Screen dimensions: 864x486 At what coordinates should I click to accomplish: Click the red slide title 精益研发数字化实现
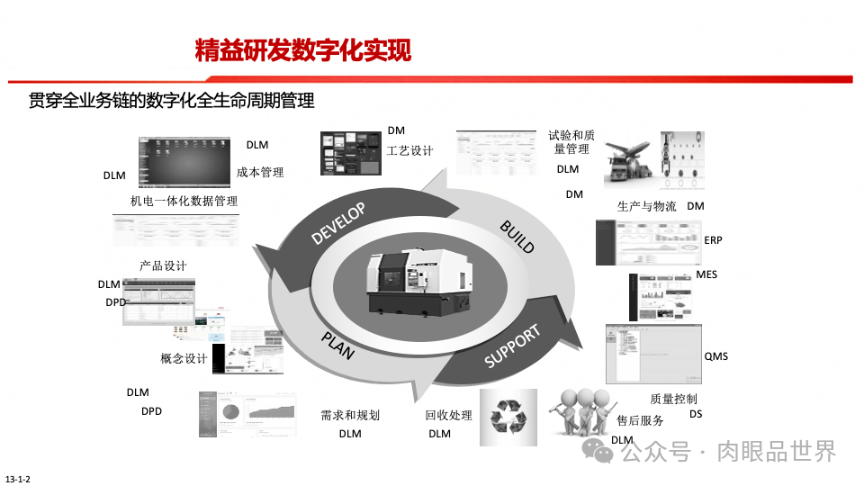(x=303, y=50)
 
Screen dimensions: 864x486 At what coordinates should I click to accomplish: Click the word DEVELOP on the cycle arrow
(x=338, y=224)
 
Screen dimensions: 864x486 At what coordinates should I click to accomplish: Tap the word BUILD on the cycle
(x=517, y=236)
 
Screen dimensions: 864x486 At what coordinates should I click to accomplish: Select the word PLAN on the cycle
(x=337, y=344)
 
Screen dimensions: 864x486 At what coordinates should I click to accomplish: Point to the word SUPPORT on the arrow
(x=513, y=346)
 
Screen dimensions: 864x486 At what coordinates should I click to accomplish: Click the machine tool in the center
(x=421, y=280)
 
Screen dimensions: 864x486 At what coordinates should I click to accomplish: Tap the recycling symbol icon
(x=508, y=416)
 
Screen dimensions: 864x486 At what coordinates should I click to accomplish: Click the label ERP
(x=714, y=240)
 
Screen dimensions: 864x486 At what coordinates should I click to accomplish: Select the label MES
(x=706, y=274)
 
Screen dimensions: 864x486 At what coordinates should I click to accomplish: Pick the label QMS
(x=716, y=356)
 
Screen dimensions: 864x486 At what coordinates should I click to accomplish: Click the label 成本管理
(x=260, y=172)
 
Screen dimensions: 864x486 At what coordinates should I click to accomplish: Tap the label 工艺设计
(x=410, y=150)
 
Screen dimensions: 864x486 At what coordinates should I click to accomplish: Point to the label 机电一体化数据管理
(x=184, y=201)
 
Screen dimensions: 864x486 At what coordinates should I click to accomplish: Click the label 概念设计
(x=184, y=358)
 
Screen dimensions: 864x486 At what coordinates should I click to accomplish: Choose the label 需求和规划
(x=350, y=415)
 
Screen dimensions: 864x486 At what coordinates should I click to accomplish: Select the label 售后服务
(x=640, y=420)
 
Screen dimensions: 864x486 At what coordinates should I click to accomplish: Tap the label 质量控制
(x=673, y=399)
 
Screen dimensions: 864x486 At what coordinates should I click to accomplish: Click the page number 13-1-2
(x=18, y=478)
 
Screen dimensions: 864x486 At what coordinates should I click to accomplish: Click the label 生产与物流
(x=646, y=206)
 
